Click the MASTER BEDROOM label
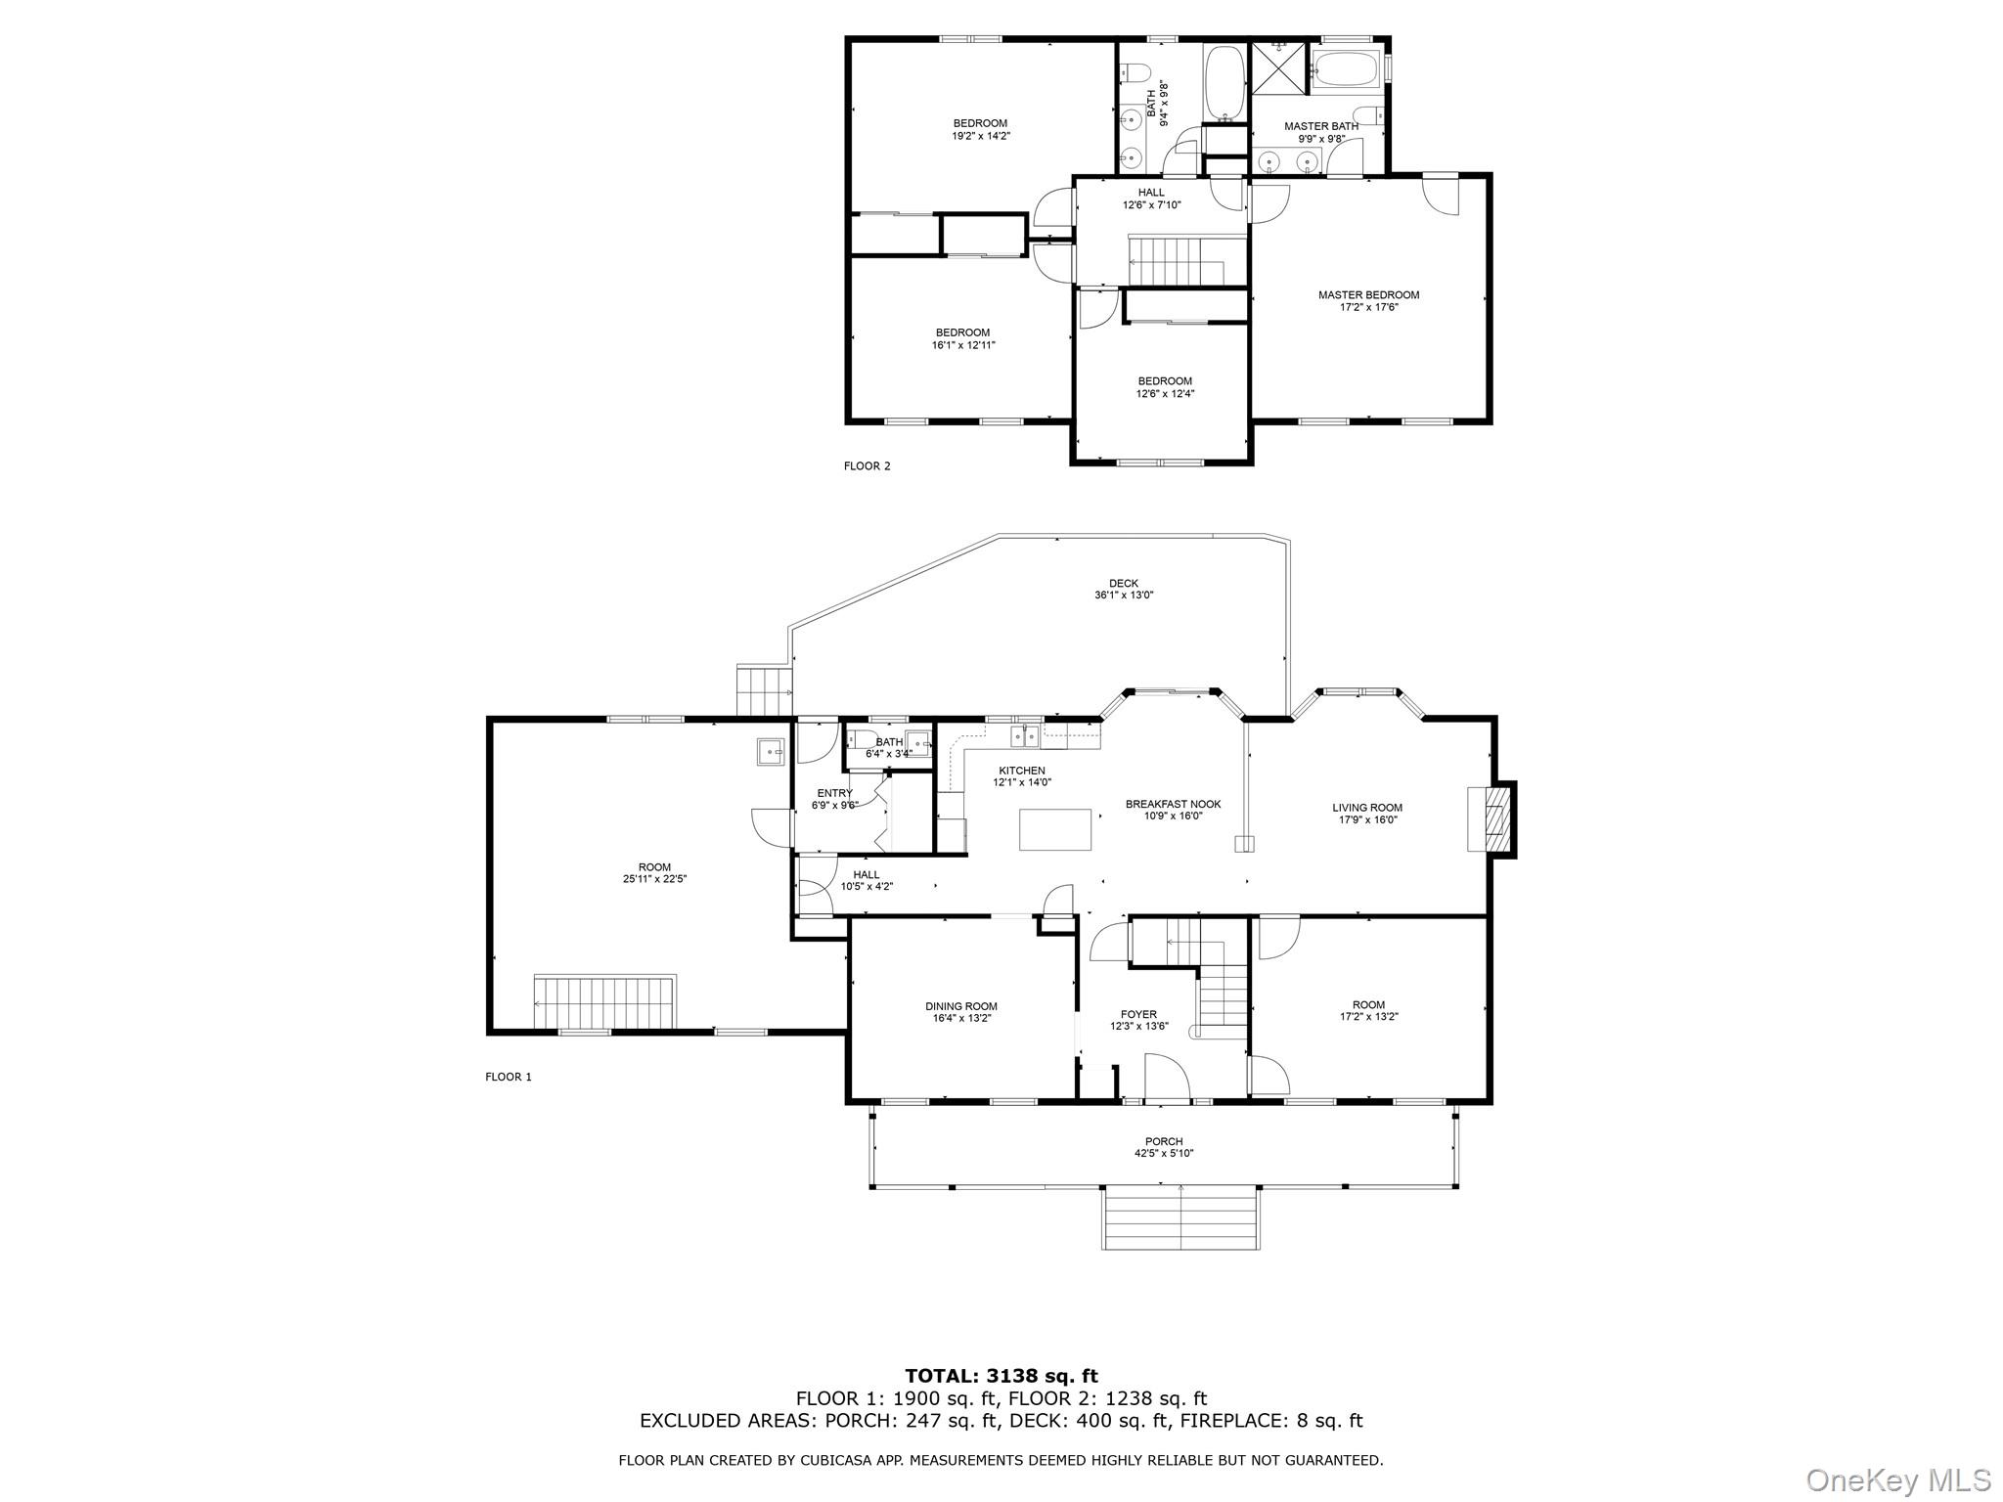[1367, 294]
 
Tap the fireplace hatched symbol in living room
[1495, 819]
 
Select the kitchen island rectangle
[1055, 829]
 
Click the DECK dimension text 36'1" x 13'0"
[1123, 595]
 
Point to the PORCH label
[1163, 1141]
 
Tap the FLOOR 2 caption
[867, 466]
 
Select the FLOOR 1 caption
[508, 1077]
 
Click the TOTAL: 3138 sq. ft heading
[1001, 1377]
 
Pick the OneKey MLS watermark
[1897, 1479]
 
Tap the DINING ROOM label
[960, 1006]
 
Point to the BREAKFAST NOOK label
[1173, 804]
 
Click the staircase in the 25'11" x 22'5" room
[604, 1001]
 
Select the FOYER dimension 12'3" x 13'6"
[1138, 1027]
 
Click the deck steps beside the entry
[763, 690]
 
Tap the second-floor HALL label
[1151, 193]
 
